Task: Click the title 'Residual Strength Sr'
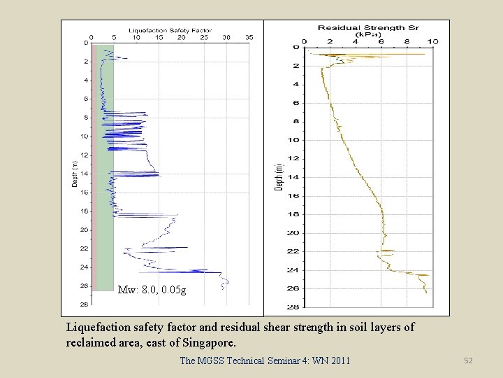(x=367, y=27)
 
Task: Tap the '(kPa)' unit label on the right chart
(x=367, y=34)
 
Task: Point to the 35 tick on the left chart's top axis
(x=249, y=37)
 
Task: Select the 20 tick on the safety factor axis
(x=182, y=37)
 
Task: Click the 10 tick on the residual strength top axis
(x=433, y=42)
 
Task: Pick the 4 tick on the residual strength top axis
(x=355, y=42)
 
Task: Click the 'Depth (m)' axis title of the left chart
(x=74, y=174)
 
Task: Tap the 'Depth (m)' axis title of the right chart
(x=279, y=177)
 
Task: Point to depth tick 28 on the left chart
(x=84, y=304)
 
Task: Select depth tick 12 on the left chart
(x=84, y=155)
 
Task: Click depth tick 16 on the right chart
(x=295, y=196)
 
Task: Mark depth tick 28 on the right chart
(x=295, y=307)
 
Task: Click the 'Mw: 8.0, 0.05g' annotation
(x=152, y=289)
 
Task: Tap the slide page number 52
(x=468, y=360)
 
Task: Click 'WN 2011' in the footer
(x=330, y=360)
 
